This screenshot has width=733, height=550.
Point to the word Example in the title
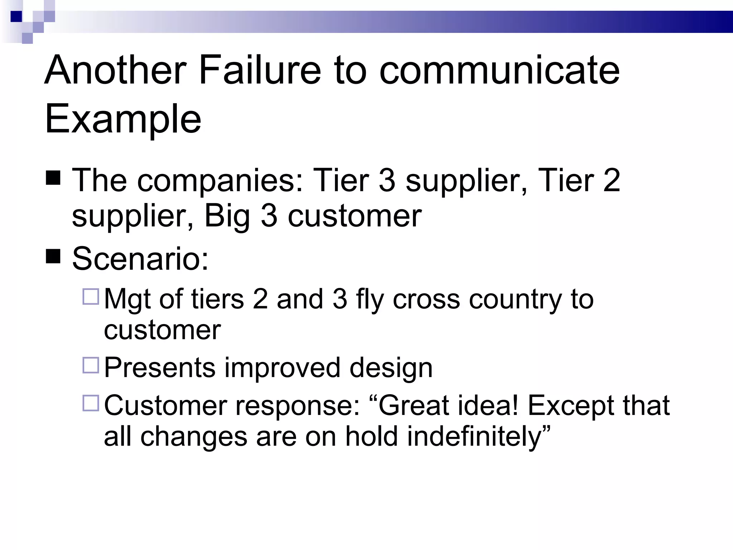(123, 119)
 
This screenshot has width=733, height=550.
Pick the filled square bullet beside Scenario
(53, 256)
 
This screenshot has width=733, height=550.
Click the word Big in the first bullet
(227, 216)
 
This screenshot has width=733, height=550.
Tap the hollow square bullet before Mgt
(91, 297)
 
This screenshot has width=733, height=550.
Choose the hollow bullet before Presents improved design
(91, 366)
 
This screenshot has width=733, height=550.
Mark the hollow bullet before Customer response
(91, 403)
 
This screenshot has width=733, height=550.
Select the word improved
(282, 368)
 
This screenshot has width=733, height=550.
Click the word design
(391, 368)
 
